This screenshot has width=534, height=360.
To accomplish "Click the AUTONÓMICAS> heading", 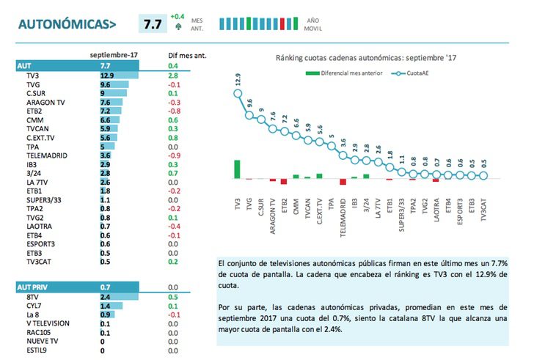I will click(x=67, y=24).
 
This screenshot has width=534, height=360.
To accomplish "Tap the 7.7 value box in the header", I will click(x=153, y=24).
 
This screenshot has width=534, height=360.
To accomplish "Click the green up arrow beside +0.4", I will click(x=178, y=28).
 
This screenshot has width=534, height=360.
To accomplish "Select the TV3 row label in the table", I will click(x=33, y=75).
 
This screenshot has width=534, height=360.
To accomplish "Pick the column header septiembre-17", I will click(x=114, y=55).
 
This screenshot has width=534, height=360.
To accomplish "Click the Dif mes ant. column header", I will click(x=186, y=55).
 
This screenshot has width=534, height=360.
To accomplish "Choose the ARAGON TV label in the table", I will click(x=45, y=102).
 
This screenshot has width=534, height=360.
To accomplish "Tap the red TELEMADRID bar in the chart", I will click(x=343, y=182).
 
